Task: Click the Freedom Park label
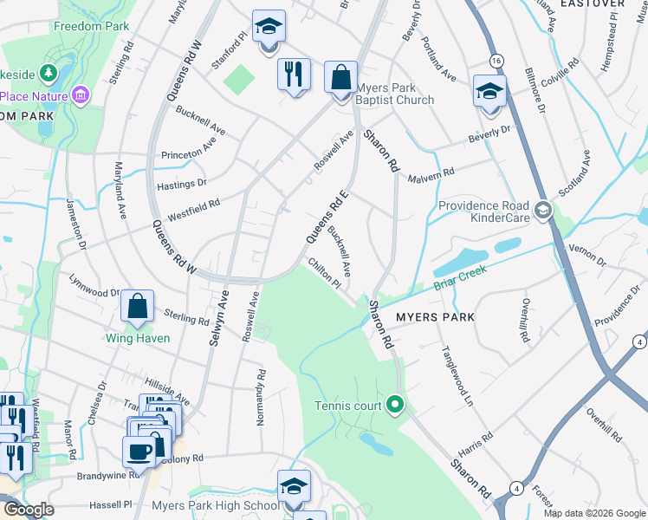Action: [91, 26]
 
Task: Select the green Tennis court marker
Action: [395, 405]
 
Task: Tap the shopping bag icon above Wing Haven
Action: [138, 306]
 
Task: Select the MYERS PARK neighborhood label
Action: [435, 317]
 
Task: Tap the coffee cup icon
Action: [139, 452]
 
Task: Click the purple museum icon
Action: [81, 94]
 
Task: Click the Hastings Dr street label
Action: [181, 183]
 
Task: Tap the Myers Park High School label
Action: [215, 505]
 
